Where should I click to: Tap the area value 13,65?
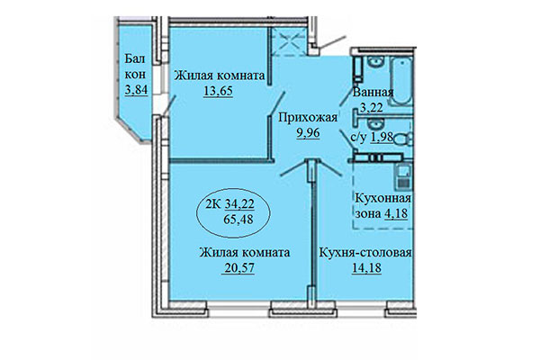coord(219,92)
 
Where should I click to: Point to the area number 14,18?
coord(364,267)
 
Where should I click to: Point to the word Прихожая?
coord(309,117)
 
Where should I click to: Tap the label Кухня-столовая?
coord(365,253)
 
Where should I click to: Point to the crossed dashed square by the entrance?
coord(292,39)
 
